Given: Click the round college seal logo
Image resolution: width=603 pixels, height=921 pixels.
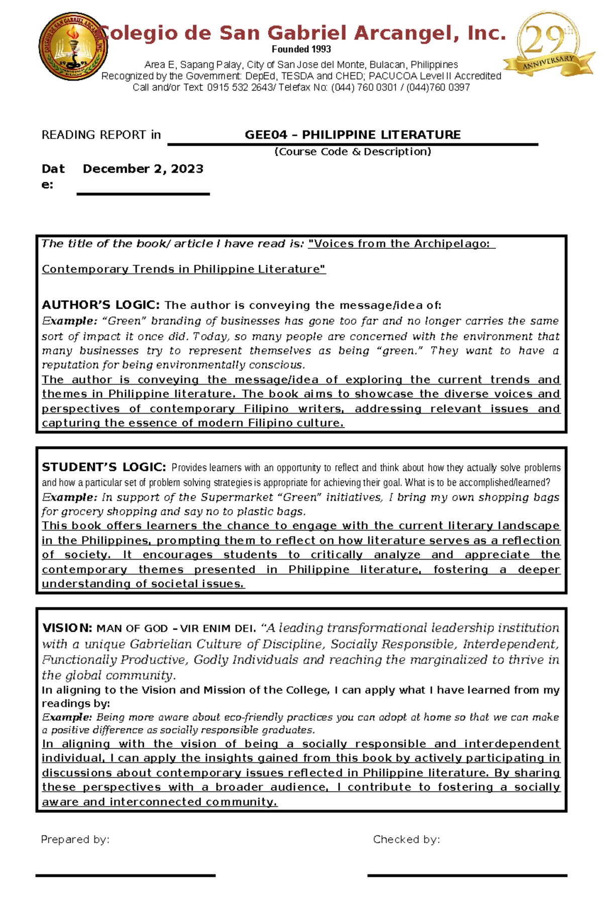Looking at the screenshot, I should (x=73, y=47).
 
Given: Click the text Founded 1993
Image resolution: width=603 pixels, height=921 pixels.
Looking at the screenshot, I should (x=301, y=49).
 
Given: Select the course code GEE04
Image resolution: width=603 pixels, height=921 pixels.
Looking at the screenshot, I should (x=266, y=135).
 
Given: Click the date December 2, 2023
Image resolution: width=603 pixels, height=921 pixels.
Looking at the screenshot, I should (x=143, y=169).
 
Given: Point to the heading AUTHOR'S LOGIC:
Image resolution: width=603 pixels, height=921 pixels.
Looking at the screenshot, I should (x=100, y=305).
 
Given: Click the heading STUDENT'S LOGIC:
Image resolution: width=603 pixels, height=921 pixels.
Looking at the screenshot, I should (x=104, y=467).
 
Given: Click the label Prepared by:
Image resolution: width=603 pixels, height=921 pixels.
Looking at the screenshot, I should (x=75, y=839).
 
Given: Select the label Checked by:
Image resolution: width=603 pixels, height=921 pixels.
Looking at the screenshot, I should (x=406, y=839).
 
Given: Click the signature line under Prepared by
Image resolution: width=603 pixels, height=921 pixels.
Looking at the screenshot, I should (x=125, y=875).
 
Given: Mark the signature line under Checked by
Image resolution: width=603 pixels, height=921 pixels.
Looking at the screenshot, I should (x=467, y=875).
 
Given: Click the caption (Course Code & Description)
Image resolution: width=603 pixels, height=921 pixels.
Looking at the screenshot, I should (x=352, y=152).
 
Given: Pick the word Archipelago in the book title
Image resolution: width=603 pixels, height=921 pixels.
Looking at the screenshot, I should (x=451, y=244).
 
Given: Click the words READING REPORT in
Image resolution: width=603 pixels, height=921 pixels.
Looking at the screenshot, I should (x=101, y=135).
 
